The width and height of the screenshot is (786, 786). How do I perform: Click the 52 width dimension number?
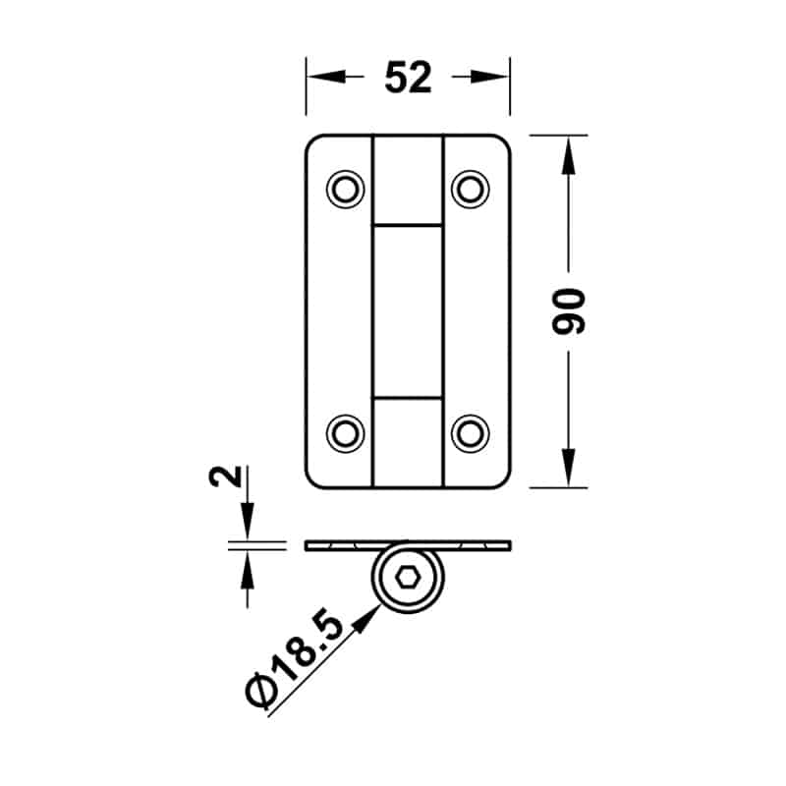408,78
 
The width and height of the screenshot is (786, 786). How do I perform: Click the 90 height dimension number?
569,310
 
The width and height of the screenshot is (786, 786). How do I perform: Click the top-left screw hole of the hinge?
345,188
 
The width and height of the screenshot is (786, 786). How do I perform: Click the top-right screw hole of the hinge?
471,188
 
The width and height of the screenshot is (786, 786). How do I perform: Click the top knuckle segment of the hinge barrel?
409,181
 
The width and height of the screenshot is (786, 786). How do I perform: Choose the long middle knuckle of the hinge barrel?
409,310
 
